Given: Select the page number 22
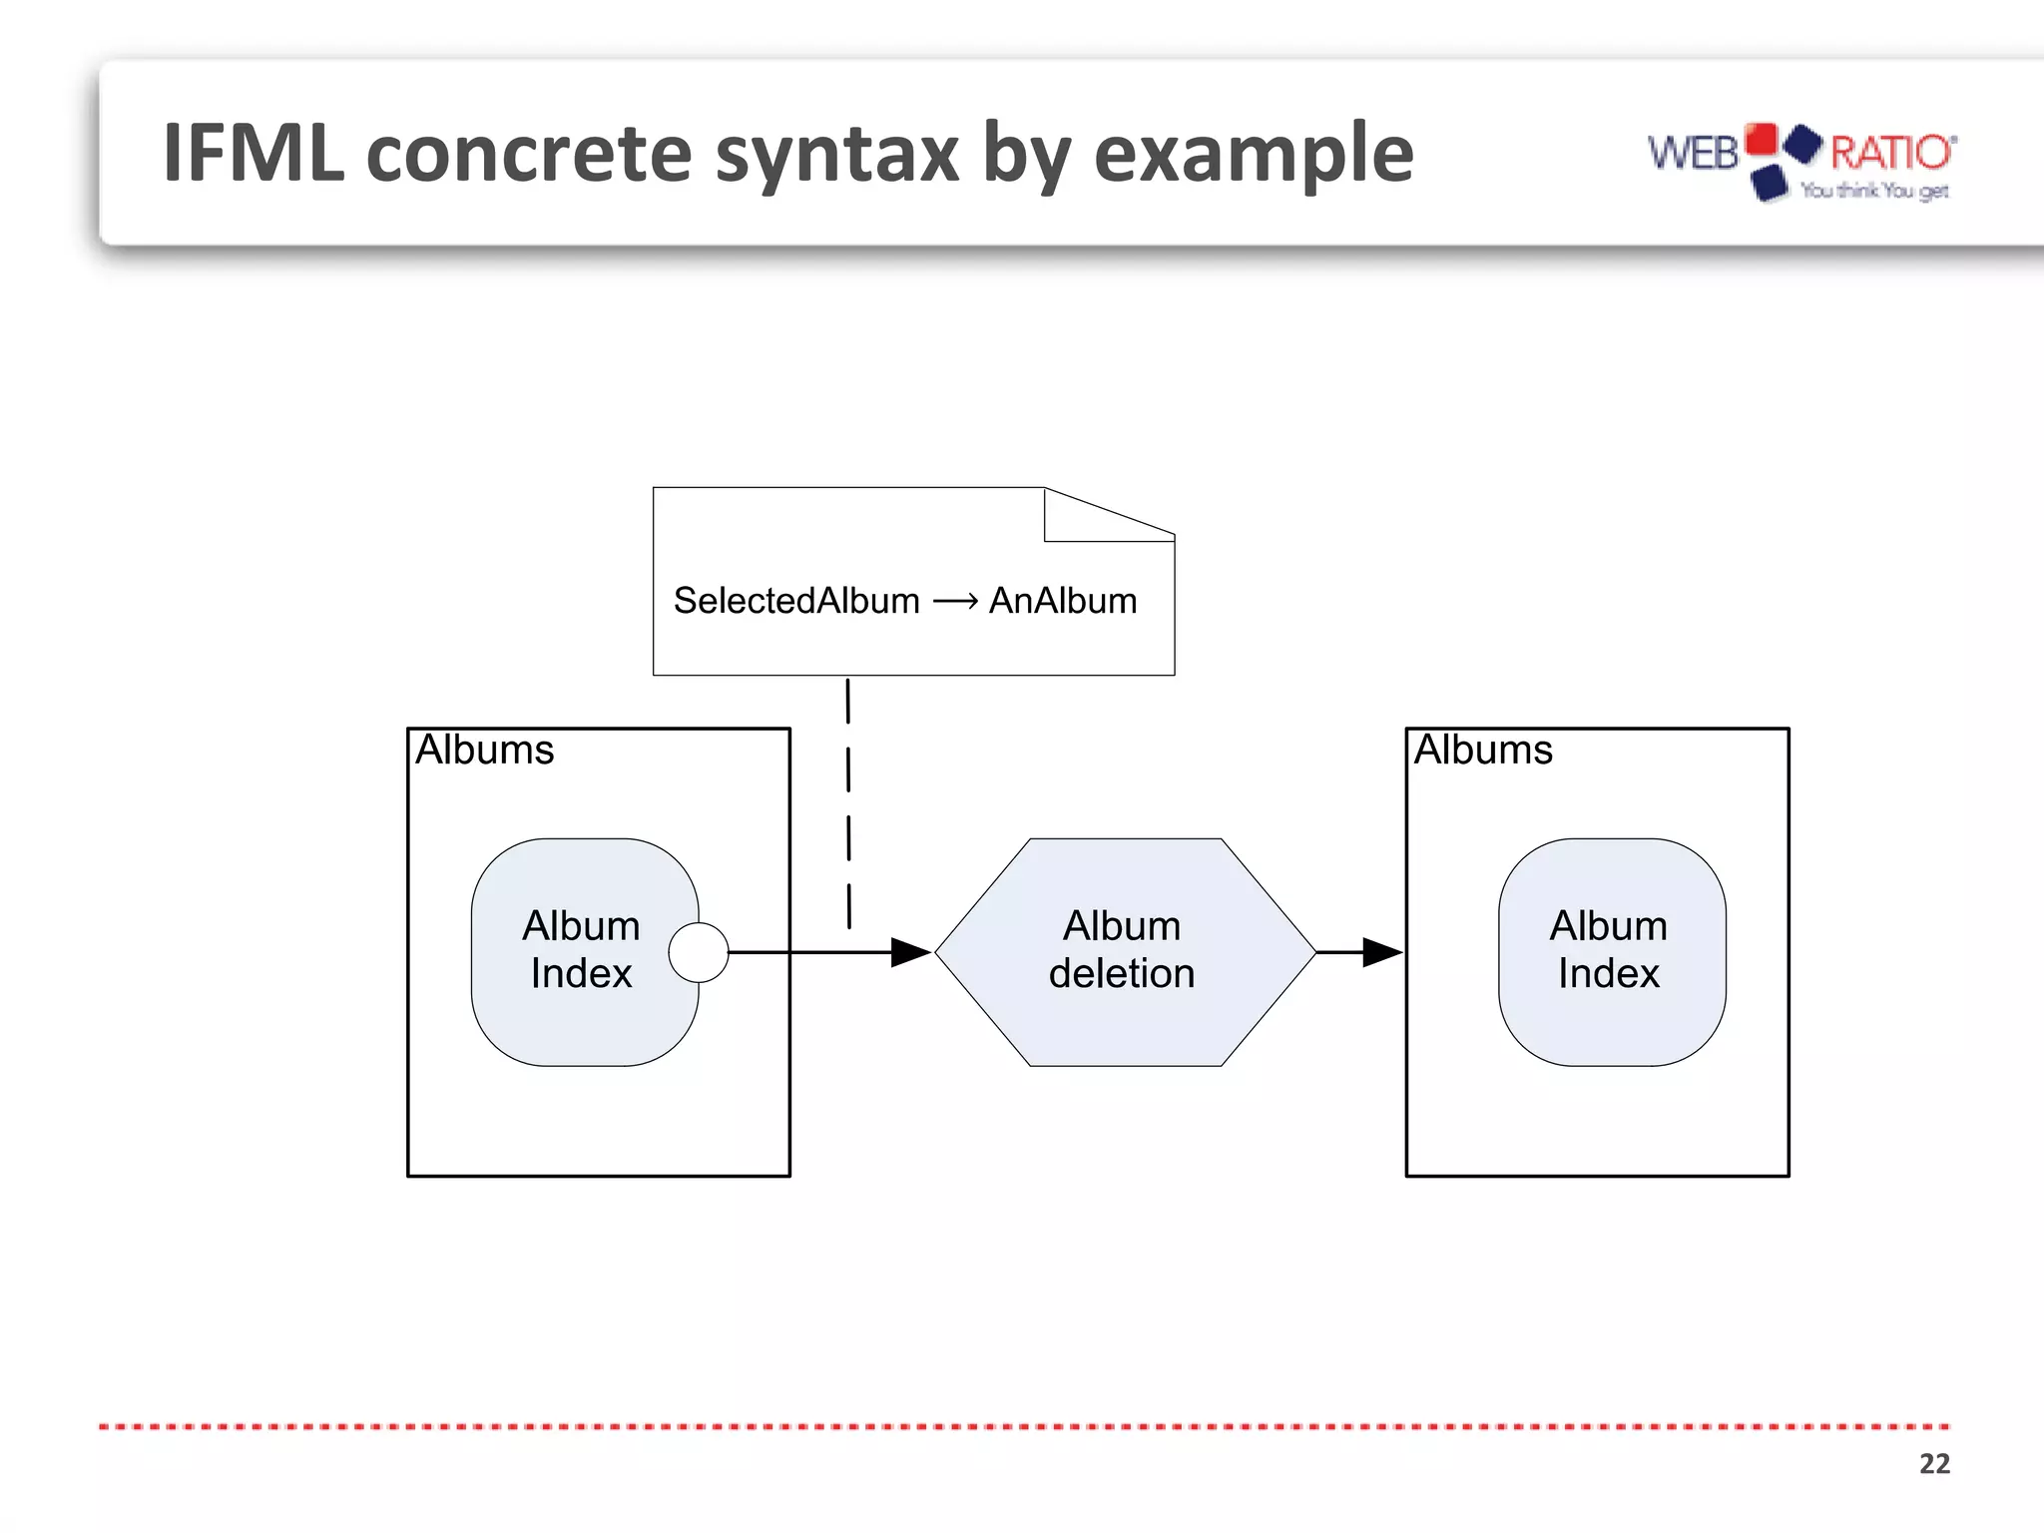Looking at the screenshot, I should pos(1933,1463).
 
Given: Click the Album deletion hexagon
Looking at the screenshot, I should pos(1124,951).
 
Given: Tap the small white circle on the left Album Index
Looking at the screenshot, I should pos(699,952).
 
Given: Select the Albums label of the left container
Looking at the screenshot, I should pos(484,750).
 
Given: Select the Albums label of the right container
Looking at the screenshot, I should pos(1483,750).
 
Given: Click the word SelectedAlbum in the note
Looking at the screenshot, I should pos(796,601).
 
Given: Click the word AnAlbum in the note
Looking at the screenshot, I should pos(1063,601).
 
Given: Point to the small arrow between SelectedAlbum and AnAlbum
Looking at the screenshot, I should pos(955,601).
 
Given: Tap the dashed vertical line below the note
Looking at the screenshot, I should pos(848,798).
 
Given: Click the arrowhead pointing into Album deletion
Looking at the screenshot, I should pos(910,952).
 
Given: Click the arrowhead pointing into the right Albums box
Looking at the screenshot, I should pos(1382,952).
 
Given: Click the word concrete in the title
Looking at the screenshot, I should pos(529,154).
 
